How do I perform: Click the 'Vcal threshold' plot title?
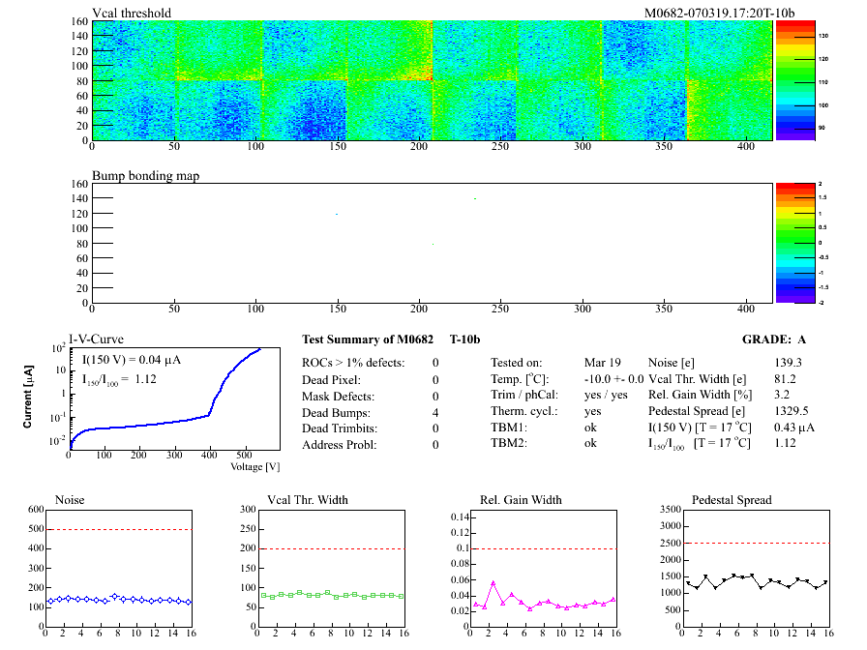132,13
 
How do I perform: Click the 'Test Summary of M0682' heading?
364,340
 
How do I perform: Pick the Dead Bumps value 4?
435,412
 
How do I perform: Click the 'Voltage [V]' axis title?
255,466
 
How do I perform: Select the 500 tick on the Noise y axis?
36,529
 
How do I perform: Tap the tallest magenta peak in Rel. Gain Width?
493,582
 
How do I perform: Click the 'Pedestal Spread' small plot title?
732,500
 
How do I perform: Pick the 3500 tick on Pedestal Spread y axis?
668,509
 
